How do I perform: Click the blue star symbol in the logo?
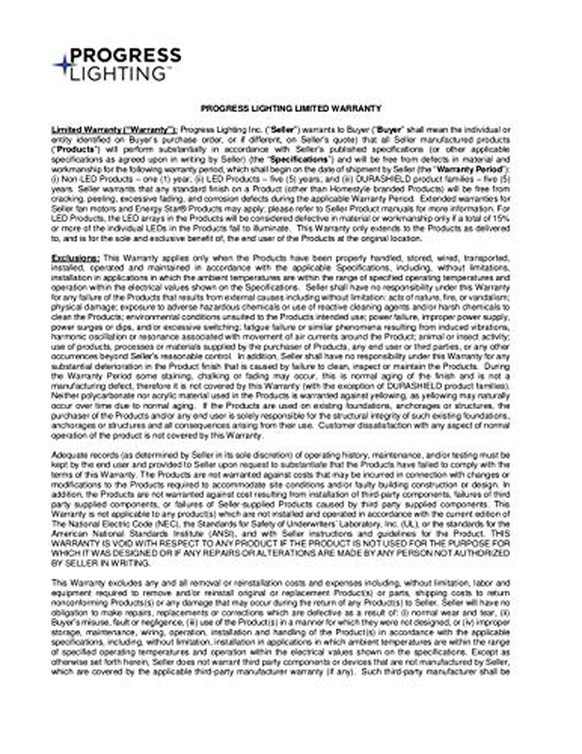[x=62, y=65]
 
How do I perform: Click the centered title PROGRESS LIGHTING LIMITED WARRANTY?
[x=291, y=109]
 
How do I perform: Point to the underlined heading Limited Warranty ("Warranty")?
[x=114, y=130]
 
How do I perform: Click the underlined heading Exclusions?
[x=76, y=258]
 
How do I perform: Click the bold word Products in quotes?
[x=76, y=149]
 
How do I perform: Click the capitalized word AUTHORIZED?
[x=483, y=553]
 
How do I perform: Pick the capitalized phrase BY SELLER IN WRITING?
[x=100, y=563]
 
